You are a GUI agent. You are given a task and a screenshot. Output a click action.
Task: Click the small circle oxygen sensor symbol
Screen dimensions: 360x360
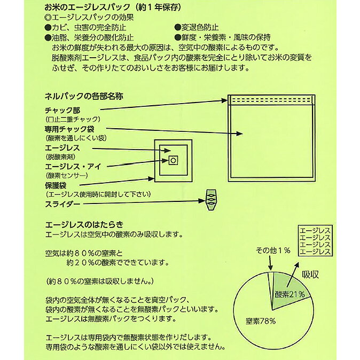pos(173,160)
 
